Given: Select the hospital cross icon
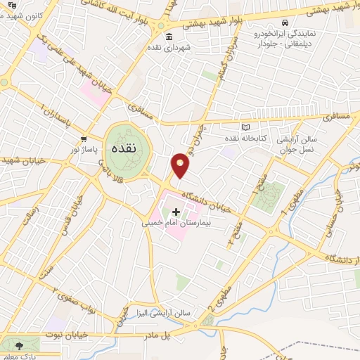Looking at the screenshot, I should [175, 211].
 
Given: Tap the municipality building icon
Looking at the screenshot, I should [168, 37].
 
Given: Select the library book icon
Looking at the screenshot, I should [245, 127].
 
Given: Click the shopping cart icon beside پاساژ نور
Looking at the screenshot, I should [84, 138].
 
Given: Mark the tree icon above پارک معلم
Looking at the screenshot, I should [18, 345].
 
